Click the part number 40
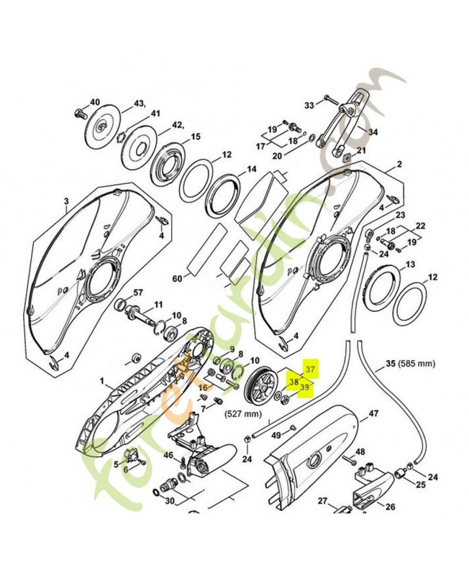[95, 103]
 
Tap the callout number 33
[309, 105]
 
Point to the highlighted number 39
[305, 387]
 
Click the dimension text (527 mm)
[242, 413]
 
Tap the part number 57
[138, 293]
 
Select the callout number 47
[373, 414]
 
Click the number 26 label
[391, 506]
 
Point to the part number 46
[168, 455]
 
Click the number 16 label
[204, 386]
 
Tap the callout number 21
[361, 150]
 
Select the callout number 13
[410, 265]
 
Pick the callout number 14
[251, 170]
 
